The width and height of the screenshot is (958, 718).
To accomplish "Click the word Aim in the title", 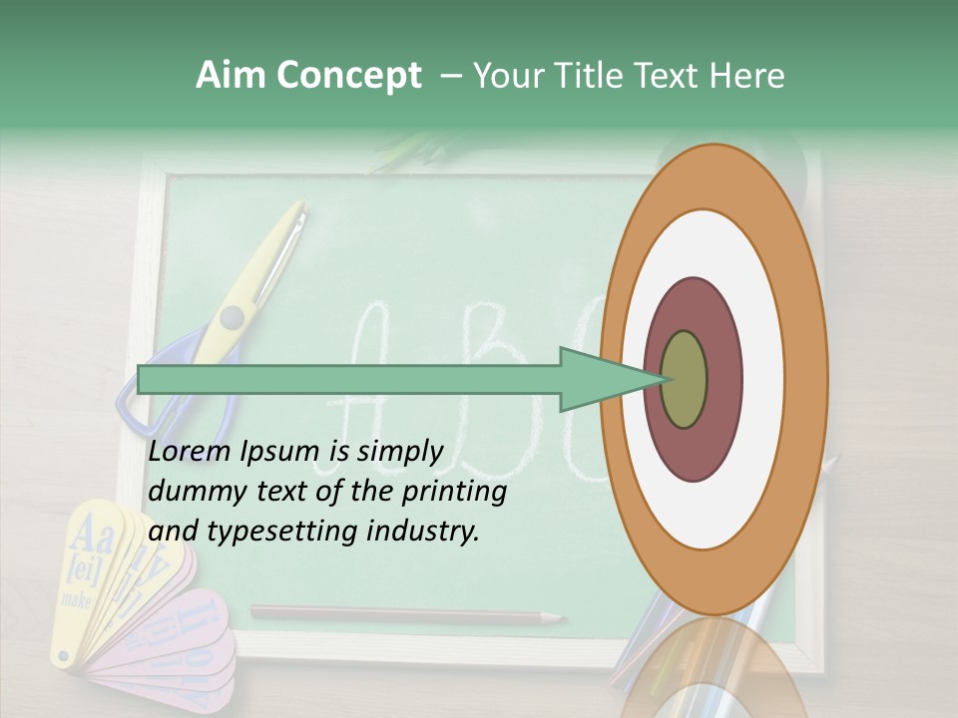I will coord(230,76).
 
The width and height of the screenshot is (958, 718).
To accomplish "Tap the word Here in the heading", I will coord(747,76).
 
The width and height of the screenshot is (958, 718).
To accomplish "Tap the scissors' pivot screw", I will coord(232,317).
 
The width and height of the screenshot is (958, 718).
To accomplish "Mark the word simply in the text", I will coord(399,453).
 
